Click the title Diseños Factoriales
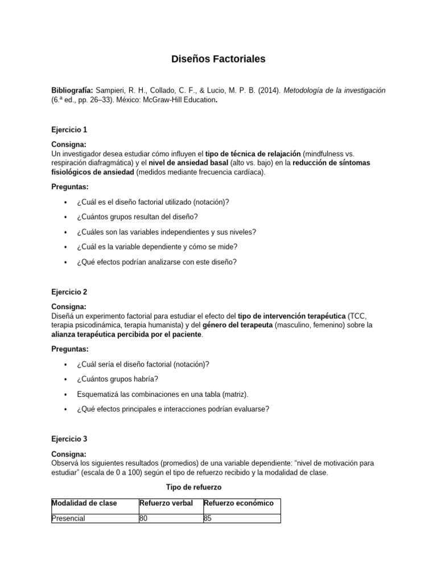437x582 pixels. (218, 59)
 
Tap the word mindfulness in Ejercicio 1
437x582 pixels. (324, 154)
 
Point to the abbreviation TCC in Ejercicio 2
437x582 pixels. (356, 316)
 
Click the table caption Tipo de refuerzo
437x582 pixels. (193, 487)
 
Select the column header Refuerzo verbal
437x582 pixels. (166, 503)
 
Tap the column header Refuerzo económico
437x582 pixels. (238, 503)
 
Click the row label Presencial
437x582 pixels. (68, 518)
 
